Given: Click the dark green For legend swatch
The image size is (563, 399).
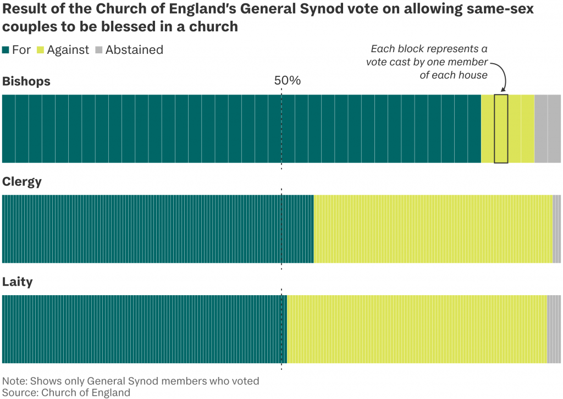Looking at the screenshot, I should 6,50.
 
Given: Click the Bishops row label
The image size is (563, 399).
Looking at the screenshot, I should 26,81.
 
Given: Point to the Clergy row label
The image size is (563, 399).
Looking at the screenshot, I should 22,182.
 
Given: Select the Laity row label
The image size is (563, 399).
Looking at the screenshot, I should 18,282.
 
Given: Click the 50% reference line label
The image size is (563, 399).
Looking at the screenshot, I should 287,81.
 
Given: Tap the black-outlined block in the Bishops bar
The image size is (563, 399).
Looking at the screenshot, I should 501,129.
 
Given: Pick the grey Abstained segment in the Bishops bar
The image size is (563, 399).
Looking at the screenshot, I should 547,129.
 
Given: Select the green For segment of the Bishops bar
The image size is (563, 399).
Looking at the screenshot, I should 242,129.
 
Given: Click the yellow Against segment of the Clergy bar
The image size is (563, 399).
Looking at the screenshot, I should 433,229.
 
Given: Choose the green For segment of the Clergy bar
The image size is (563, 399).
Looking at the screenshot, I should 158,229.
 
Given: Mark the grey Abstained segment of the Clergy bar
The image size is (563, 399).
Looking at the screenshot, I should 556,229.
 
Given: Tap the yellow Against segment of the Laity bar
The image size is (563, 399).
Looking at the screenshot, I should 417,329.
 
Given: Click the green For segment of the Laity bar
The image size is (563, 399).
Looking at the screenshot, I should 145,329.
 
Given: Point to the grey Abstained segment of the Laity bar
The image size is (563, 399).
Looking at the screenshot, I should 554,329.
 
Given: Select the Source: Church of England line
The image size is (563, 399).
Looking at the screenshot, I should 67,392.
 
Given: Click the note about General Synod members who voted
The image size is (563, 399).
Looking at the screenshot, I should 131,381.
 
